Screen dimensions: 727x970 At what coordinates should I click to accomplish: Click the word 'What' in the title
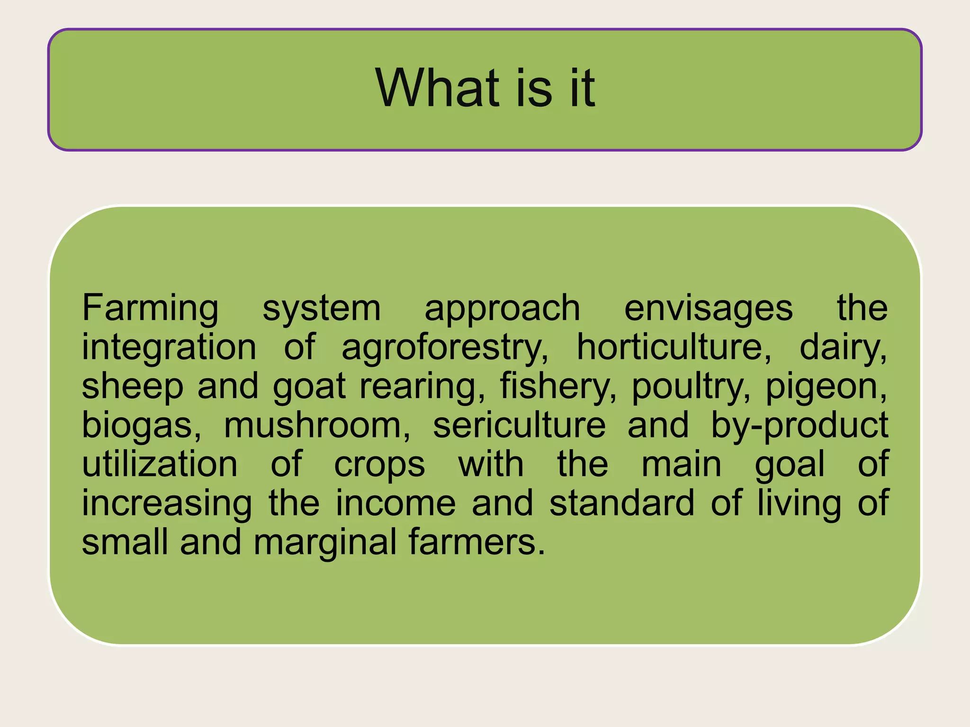pos(437,88)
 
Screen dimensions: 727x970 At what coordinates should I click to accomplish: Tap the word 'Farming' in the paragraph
pos(150,309)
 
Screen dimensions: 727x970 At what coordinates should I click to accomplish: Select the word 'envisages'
pos(708,309)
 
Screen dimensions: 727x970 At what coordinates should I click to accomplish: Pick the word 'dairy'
pos(843,348)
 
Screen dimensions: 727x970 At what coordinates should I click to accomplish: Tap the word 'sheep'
pos(133,387)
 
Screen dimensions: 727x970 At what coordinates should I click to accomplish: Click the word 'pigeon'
pos(826,387)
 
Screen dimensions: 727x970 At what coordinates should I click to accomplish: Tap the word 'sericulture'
pos(519,426)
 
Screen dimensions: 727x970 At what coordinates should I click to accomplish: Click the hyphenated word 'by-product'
pos(799,426)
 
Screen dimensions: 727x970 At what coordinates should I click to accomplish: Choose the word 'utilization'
pos(160,464)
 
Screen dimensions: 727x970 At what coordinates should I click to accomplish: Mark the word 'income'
pos(395,503)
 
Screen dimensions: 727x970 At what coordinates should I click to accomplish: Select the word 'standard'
pos(622,503)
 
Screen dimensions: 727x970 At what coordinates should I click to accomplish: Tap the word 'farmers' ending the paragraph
pos(476,542)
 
